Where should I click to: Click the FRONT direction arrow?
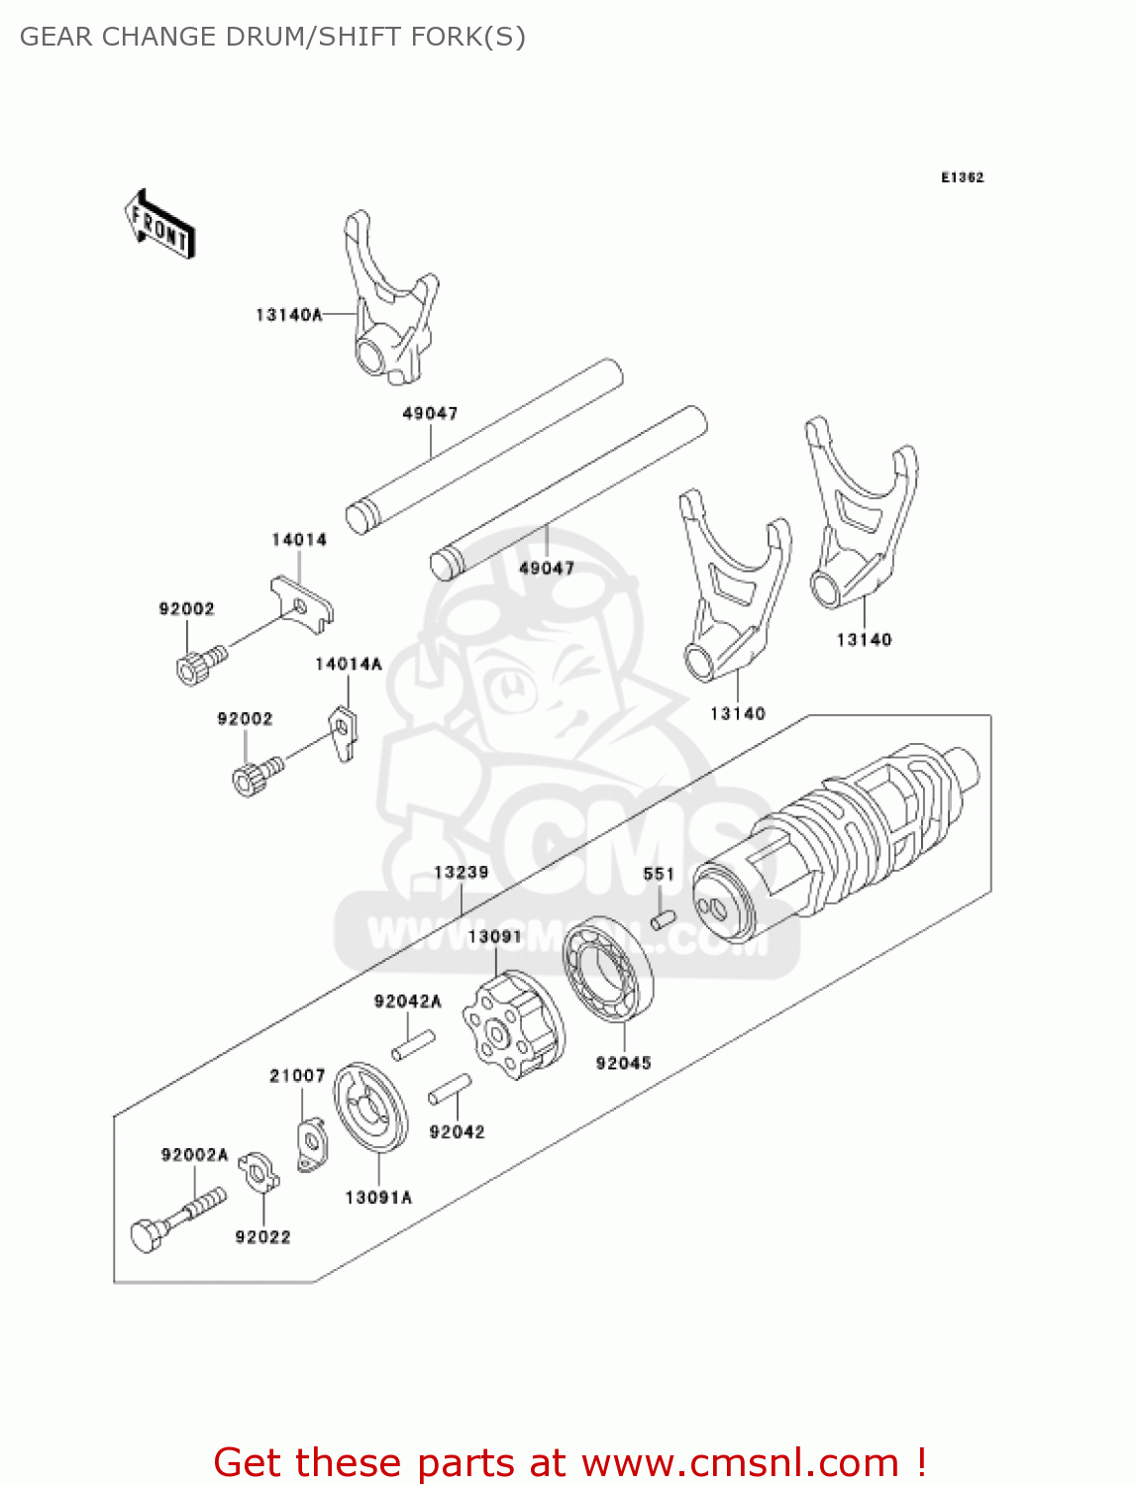point(159,225)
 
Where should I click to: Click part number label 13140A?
point(288,315)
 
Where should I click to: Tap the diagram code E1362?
point(962,177)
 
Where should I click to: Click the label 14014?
point(298,540)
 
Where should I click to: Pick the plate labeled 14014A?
point(343,731)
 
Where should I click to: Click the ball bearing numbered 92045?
point(608,970)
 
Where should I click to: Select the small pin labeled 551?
point(663,919)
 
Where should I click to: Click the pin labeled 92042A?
point(413,1045)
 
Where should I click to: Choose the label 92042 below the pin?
point(457,1132)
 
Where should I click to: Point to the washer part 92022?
point(258,1173)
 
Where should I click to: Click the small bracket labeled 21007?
point(312,1146)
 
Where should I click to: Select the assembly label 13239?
point(461,872)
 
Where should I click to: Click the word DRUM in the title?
point(264,37)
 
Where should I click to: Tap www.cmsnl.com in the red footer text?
point(740,1462)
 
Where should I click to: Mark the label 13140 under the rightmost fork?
point(864,640)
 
